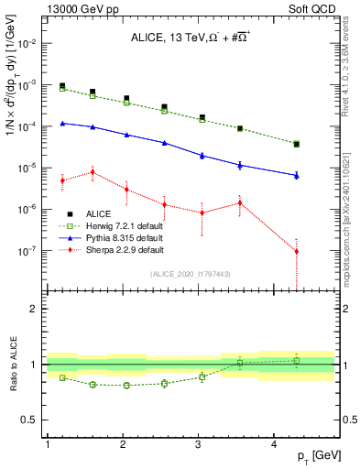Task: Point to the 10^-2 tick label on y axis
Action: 26,43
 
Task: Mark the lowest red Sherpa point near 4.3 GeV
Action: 296,251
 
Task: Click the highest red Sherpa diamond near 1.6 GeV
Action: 93,172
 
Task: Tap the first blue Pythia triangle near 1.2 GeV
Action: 62,123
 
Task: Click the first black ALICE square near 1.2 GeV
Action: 62,86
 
